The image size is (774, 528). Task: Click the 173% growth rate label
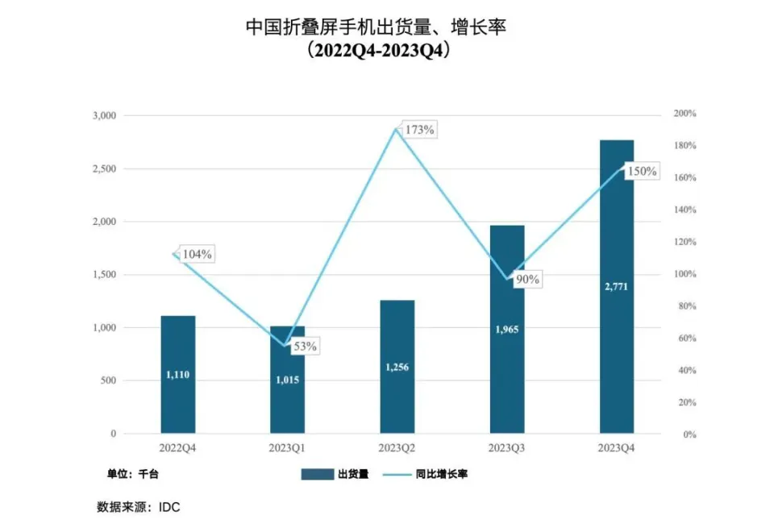click(418, 129)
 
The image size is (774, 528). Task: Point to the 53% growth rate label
click(305, 346)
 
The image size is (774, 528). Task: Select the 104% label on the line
click(197, 254)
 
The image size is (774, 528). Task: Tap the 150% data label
click(642, 172)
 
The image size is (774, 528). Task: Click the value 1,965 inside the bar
click(507, 329)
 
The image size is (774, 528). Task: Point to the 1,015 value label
click(287, 380)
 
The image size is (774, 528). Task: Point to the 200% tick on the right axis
click(685, 114)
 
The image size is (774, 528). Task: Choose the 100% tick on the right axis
click(685, 275)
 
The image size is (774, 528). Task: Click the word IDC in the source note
click(170, 508)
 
